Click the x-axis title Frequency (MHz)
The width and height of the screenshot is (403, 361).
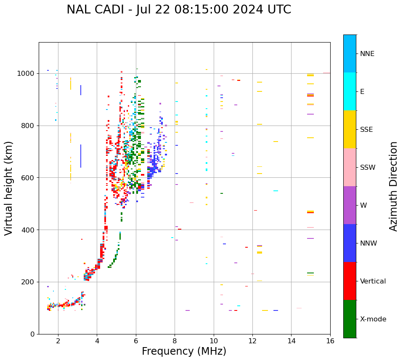click(184, 351)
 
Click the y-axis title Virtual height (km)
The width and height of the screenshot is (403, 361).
click(9, 188)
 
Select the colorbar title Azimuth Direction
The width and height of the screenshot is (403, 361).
click(393, 186)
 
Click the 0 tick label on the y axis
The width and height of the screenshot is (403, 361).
click(32, 334)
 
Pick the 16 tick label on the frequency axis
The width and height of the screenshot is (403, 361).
click(330, 340)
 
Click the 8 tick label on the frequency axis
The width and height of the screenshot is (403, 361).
click(175, 340)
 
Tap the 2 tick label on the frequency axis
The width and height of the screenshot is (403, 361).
click(58, 340)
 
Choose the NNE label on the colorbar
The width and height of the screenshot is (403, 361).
click(367, 54)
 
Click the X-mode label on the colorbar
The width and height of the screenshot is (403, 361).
click(373, 319)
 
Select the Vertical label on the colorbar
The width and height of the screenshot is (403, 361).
click(373, 281)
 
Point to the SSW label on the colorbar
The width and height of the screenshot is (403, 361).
click(368, 168)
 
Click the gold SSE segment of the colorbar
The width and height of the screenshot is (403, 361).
click(350, 129)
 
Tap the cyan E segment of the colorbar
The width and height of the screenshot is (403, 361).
click(350, 91)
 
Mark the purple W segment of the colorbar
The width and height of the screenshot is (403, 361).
click(350, 205)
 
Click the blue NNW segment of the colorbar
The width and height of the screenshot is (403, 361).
click(350, 243)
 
